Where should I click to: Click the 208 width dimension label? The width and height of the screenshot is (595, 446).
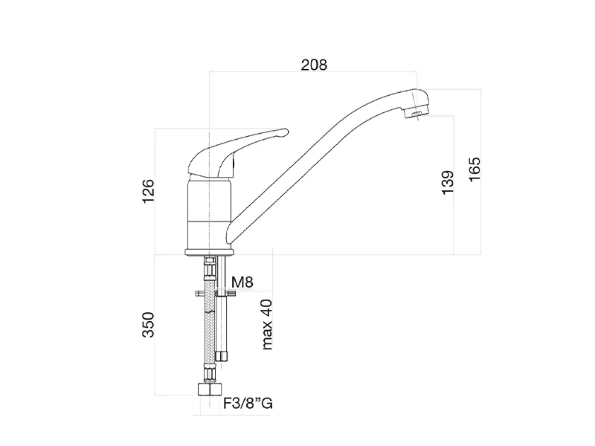(x=314, y=65)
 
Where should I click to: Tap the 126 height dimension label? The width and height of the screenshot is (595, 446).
(x=148, y=190)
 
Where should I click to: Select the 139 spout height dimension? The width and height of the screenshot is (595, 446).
(x=448, y=182)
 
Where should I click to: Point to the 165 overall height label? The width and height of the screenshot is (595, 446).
(x=475, y=169)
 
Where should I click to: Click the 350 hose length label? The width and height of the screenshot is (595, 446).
(x=148, y=324)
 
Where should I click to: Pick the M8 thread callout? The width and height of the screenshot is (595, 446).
(x=242, y=282)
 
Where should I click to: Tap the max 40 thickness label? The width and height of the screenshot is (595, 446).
(x=267, y=324)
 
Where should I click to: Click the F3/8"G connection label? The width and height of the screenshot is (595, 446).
(x=248, y=403)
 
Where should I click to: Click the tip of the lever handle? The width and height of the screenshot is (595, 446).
(x=286, y=132)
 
